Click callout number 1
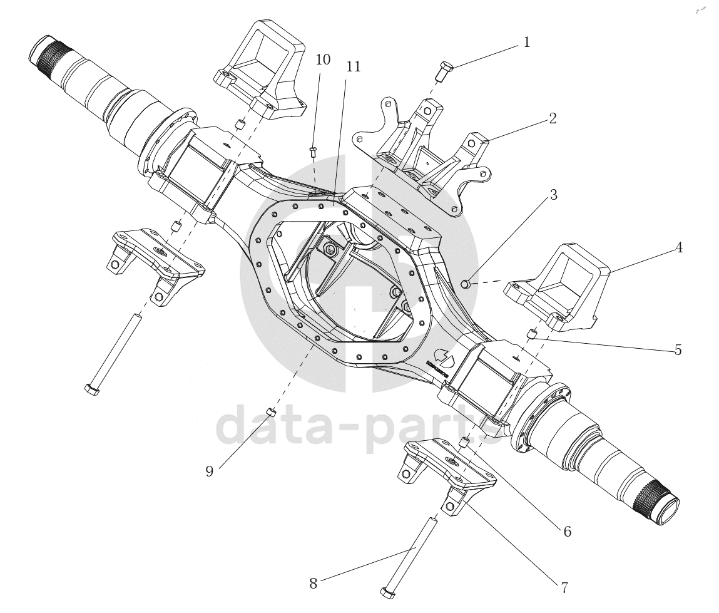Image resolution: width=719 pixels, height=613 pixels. coord(526,43)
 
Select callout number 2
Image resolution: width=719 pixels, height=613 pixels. coord(553,118)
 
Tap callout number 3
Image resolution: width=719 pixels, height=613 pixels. coord(553,195)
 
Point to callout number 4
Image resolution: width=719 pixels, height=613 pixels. coord(678,248)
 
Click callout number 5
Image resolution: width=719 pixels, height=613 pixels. coord(678,350)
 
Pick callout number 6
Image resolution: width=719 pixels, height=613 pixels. coord(567,532)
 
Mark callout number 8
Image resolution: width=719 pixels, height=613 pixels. coord(314,584)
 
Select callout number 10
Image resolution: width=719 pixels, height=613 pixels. coord(323,59)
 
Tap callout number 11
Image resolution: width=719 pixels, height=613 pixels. coord(354,66)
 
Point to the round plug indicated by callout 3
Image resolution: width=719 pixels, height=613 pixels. coord(466,285)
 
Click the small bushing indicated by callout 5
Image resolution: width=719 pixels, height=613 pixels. coord(533,333)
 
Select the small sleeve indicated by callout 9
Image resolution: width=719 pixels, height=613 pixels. coord(271,411)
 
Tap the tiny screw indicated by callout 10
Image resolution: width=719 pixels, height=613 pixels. coord(313,151)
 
